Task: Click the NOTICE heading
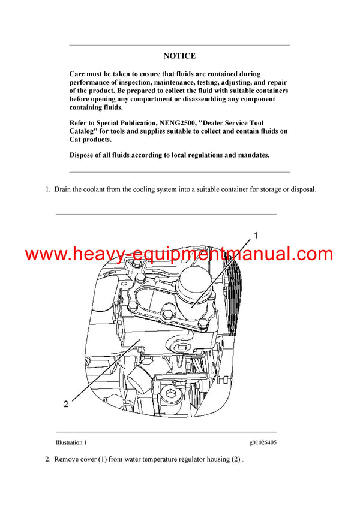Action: pyautogui.click(x=179, y=56)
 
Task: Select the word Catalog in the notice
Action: pyautogui.click(x=85, y=131)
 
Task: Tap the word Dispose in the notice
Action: pyautogui.click(x=83, y=155)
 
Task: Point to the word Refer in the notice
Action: pyautogui.click(x=79, y=124)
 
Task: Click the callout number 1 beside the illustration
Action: pyautogui.click(x=255, y=236)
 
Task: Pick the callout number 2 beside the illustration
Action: pyautogui.click(x=66, y=404)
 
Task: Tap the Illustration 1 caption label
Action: pyautogui.click(x=71, y=443)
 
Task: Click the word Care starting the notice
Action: pyautogui.click(x=78, y=74)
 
